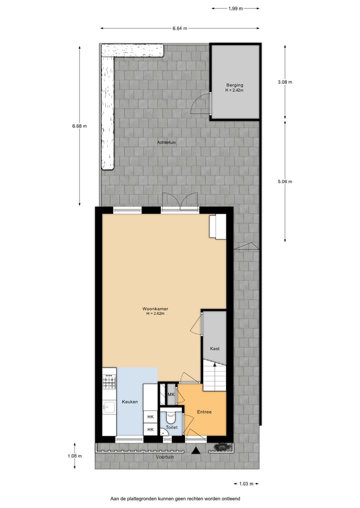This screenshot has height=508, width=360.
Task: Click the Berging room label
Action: (x=234, y=85)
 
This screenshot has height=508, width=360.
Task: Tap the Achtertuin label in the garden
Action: (x=166, y=142)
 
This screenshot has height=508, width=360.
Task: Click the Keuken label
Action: (x=129, y=402)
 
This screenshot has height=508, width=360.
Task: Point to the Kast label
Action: (x=214, y=349)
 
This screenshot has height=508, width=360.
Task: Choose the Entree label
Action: (x=204, y=412)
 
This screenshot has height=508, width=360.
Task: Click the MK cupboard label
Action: (x=170, y=395)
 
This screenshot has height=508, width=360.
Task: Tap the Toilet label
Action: (x=171, y=428)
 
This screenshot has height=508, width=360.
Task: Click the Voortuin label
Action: (x=164, y=457)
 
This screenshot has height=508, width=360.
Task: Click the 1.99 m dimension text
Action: (x=235, y=8)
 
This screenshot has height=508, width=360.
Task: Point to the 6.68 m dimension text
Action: (x=79, y=126)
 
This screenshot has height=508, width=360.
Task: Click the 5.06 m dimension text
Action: (x=285, y=181)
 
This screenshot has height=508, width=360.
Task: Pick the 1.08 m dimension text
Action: (x=75, y=456)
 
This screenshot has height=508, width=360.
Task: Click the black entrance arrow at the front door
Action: (x=196, y=451)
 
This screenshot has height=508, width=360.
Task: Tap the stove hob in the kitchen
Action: (x=109, y=383)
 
